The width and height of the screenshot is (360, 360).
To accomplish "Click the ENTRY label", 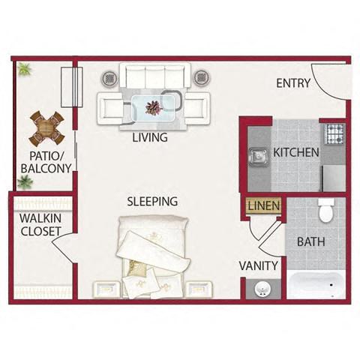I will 292,83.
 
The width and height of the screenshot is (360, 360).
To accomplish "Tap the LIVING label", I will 149,138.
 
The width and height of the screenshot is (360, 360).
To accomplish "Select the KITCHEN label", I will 295,152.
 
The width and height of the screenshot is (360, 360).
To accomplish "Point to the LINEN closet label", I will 264,205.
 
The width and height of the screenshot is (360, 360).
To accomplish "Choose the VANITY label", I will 259,265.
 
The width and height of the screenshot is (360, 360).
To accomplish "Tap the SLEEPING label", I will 151,201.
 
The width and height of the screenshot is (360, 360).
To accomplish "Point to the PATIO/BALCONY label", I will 45,162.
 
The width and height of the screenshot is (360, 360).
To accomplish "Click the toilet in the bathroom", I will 325,211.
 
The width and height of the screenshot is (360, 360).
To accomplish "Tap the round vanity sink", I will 263,289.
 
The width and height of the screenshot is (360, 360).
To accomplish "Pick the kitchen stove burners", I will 333,134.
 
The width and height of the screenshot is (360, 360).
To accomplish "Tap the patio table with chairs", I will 46,128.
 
